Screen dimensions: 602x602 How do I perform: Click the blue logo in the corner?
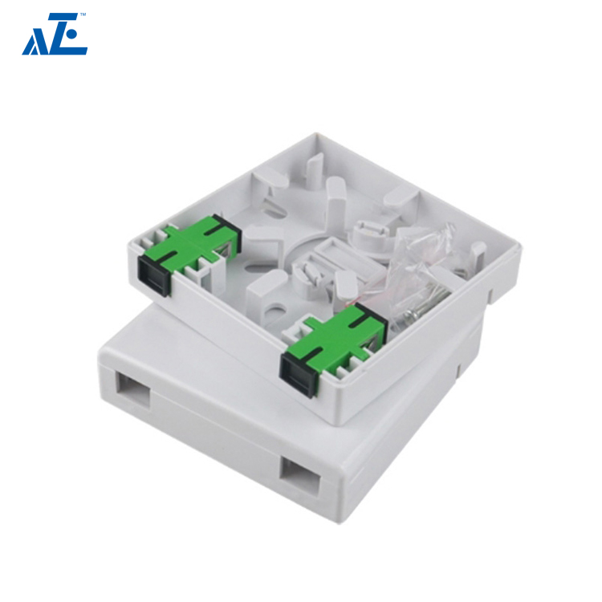[55, 35]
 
